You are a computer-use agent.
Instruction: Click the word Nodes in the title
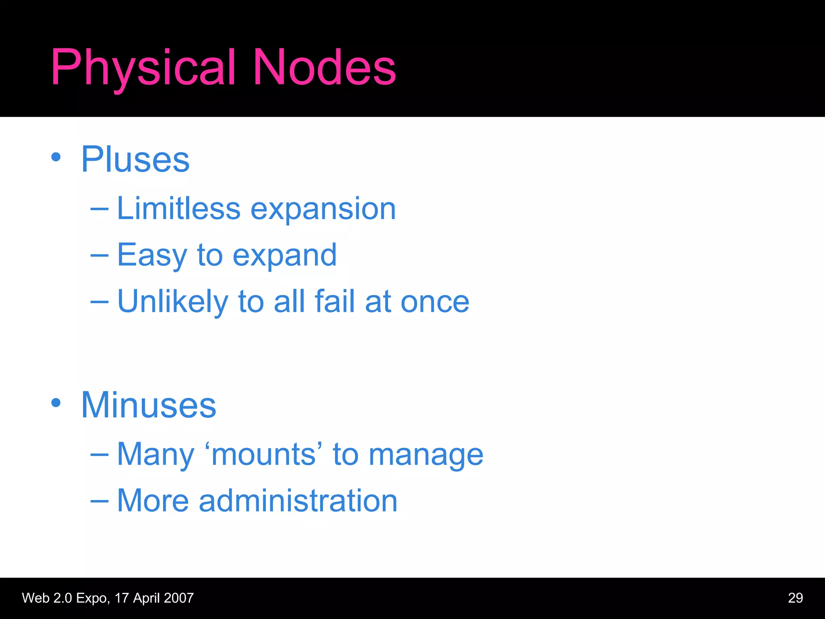point(324,68)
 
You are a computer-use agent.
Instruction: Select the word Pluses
point(135,160)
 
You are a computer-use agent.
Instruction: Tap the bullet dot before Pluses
point(56,157)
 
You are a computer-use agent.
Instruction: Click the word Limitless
point(178,209)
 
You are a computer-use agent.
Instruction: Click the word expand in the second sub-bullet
point(284,255)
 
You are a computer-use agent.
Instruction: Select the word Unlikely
point(172,301)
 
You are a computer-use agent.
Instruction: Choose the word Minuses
point(149,405)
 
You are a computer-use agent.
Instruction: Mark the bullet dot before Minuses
point(56,403)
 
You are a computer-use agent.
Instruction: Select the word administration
point(298,501)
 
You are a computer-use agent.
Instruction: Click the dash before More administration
point(99,501)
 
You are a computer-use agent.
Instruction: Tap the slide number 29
point(795,598)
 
